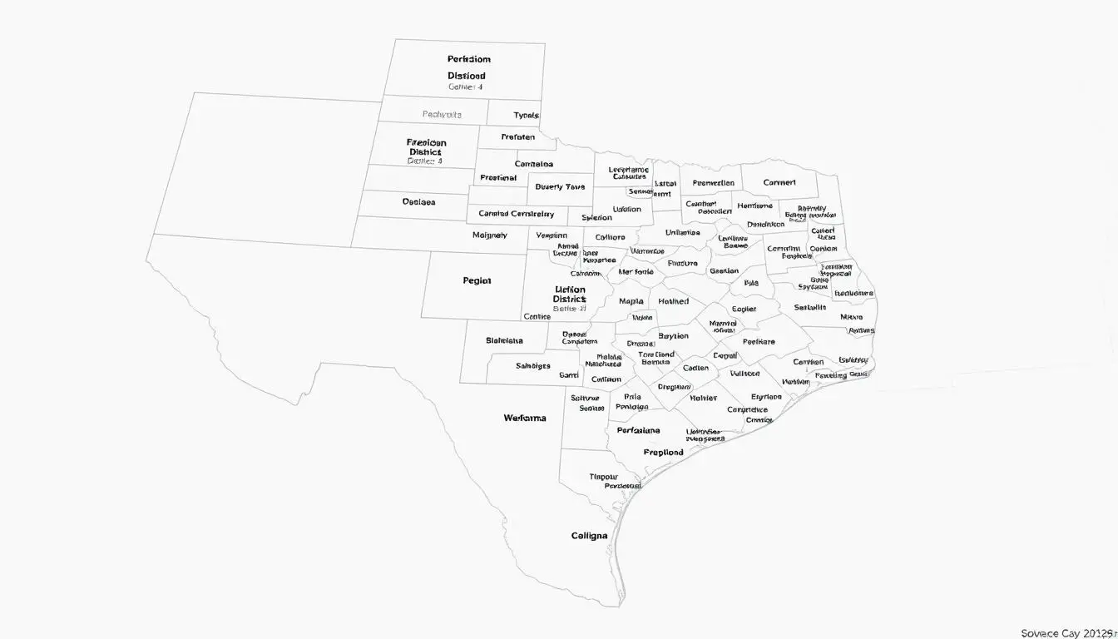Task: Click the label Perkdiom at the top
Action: (x=468, y=59)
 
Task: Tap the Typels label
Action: (x=526, y=115)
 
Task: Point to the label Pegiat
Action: (x=477, y=281)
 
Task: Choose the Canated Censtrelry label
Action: (x=516, y=214)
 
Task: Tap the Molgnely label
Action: (x=489, y=235)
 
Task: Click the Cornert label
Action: (x=779, y=182)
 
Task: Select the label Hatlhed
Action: (x=673, y=301)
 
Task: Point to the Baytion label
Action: (x=673, y=336)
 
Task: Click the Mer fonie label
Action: (x=636, y=271)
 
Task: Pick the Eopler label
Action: (x=744, y=309)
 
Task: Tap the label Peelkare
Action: (x=758, y=341)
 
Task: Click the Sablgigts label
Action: (x=533, y=365)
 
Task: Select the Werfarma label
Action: (x=525, y=418)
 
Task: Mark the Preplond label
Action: (x=663, y=453)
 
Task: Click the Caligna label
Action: (x=589, y=536)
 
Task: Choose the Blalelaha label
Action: (x=504, y=340)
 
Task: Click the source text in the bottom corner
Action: (x=1067, y=633)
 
